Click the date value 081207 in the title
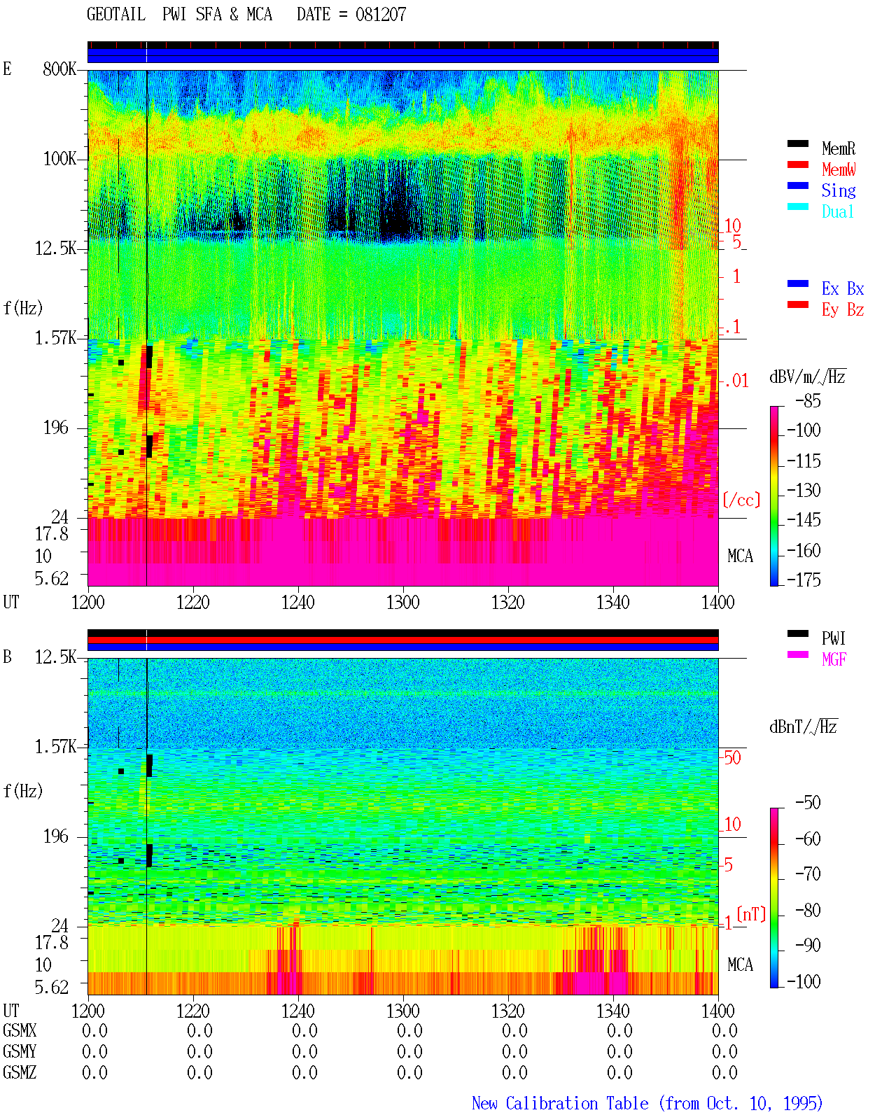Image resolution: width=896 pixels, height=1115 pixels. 380,15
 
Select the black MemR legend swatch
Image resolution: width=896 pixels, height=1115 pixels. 797,143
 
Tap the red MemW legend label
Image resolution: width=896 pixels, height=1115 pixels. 839,169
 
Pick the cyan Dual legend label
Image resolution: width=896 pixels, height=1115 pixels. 838,211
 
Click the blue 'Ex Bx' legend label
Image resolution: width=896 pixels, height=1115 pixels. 843,288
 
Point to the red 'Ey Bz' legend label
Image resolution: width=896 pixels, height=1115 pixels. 843,310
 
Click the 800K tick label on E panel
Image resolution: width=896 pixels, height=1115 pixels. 59,69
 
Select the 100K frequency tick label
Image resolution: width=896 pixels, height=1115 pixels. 59,159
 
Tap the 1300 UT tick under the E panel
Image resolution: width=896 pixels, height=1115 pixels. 402,602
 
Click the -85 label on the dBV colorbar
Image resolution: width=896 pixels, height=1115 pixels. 808,400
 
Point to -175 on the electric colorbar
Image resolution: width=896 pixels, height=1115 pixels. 804,580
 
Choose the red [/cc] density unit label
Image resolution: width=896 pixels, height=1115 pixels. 741,500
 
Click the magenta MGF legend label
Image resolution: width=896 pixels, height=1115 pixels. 834,659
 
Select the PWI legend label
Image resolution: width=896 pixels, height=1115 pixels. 834,638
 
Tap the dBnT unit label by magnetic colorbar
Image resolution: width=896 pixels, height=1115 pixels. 804,727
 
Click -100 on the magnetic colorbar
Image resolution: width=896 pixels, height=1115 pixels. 804,981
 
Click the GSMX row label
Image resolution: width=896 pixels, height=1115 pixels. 20,1030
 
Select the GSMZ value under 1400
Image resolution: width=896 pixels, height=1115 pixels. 724,1072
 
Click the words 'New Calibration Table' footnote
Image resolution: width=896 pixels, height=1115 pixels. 560,1103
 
